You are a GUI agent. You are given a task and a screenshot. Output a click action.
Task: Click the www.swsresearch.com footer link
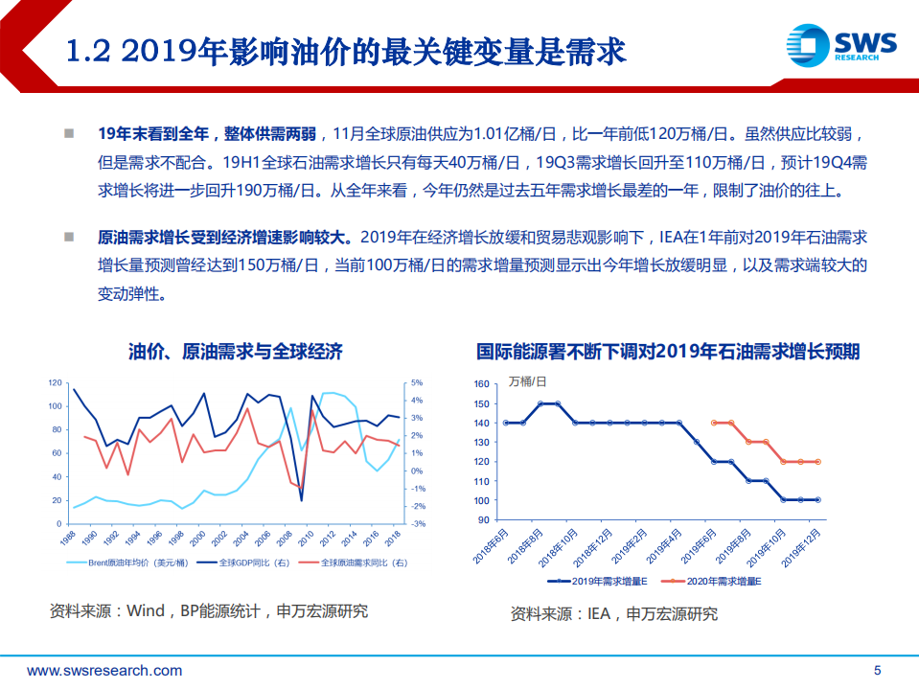[x=104, y=670]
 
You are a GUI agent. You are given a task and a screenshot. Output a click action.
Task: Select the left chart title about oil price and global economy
[x=235, y=351]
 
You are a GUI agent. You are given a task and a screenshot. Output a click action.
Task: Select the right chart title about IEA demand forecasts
[x=668, y=351]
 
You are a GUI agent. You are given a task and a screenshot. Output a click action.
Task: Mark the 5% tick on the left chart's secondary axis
[x=418, y=383]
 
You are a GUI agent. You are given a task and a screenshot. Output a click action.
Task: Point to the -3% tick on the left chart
[x=418, y=524]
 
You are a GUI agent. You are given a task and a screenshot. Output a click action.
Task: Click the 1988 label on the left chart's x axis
[x=68, y=540]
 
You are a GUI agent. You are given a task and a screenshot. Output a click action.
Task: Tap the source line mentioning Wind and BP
[x=209, y=610]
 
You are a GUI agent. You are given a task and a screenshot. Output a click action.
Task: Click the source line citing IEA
[x=613, y=613]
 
